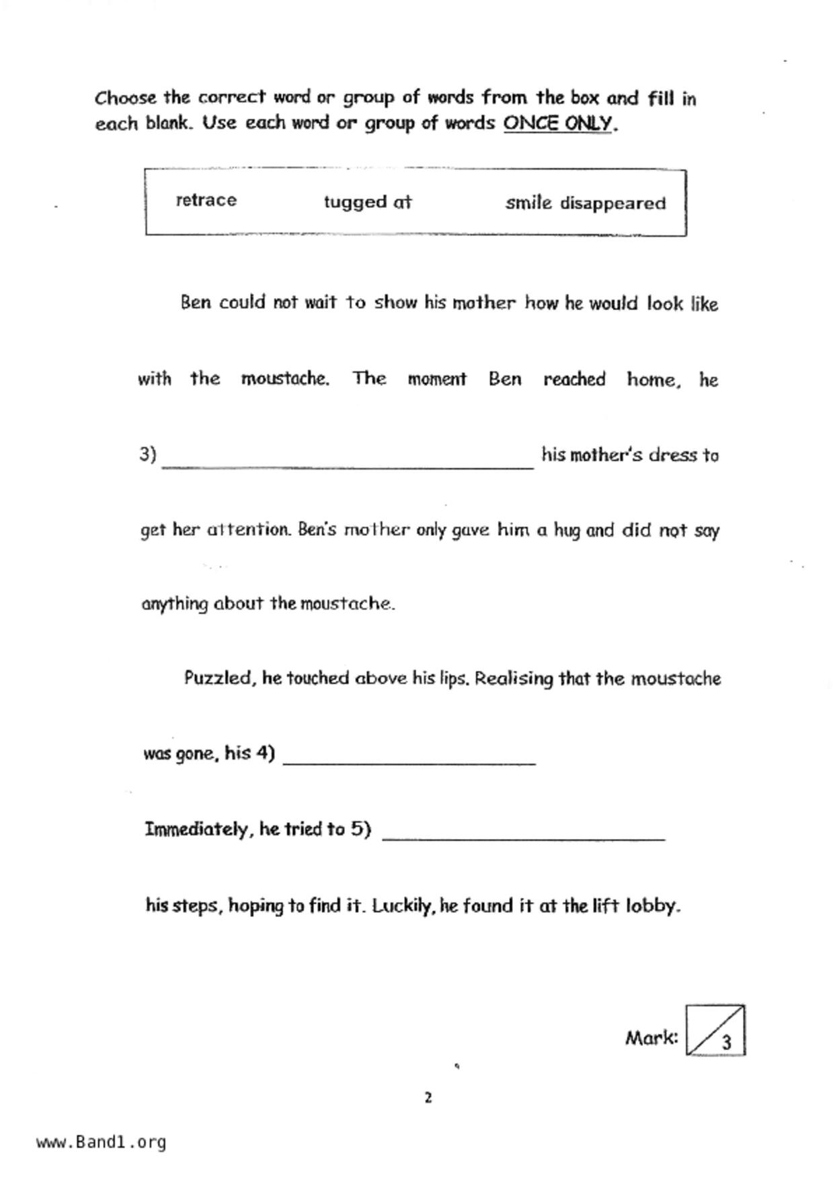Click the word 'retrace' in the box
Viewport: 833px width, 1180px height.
click(206, 200)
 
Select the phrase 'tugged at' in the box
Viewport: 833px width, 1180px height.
click(367, 202)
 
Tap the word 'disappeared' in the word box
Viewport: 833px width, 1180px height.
click(612, 204)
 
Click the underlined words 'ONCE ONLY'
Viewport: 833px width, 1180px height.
click(558, 124)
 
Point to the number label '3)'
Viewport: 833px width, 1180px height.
click(148, 455)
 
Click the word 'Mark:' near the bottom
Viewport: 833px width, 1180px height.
click(651, 1038)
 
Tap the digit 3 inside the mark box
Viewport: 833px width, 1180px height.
click(726, 1043)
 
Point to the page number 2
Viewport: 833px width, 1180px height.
click(428, 1098)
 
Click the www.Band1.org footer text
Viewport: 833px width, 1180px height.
click(101, 1142)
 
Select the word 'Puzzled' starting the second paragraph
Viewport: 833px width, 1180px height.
click(219, 678)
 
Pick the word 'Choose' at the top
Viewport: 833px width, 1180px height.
click(125, 98)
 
